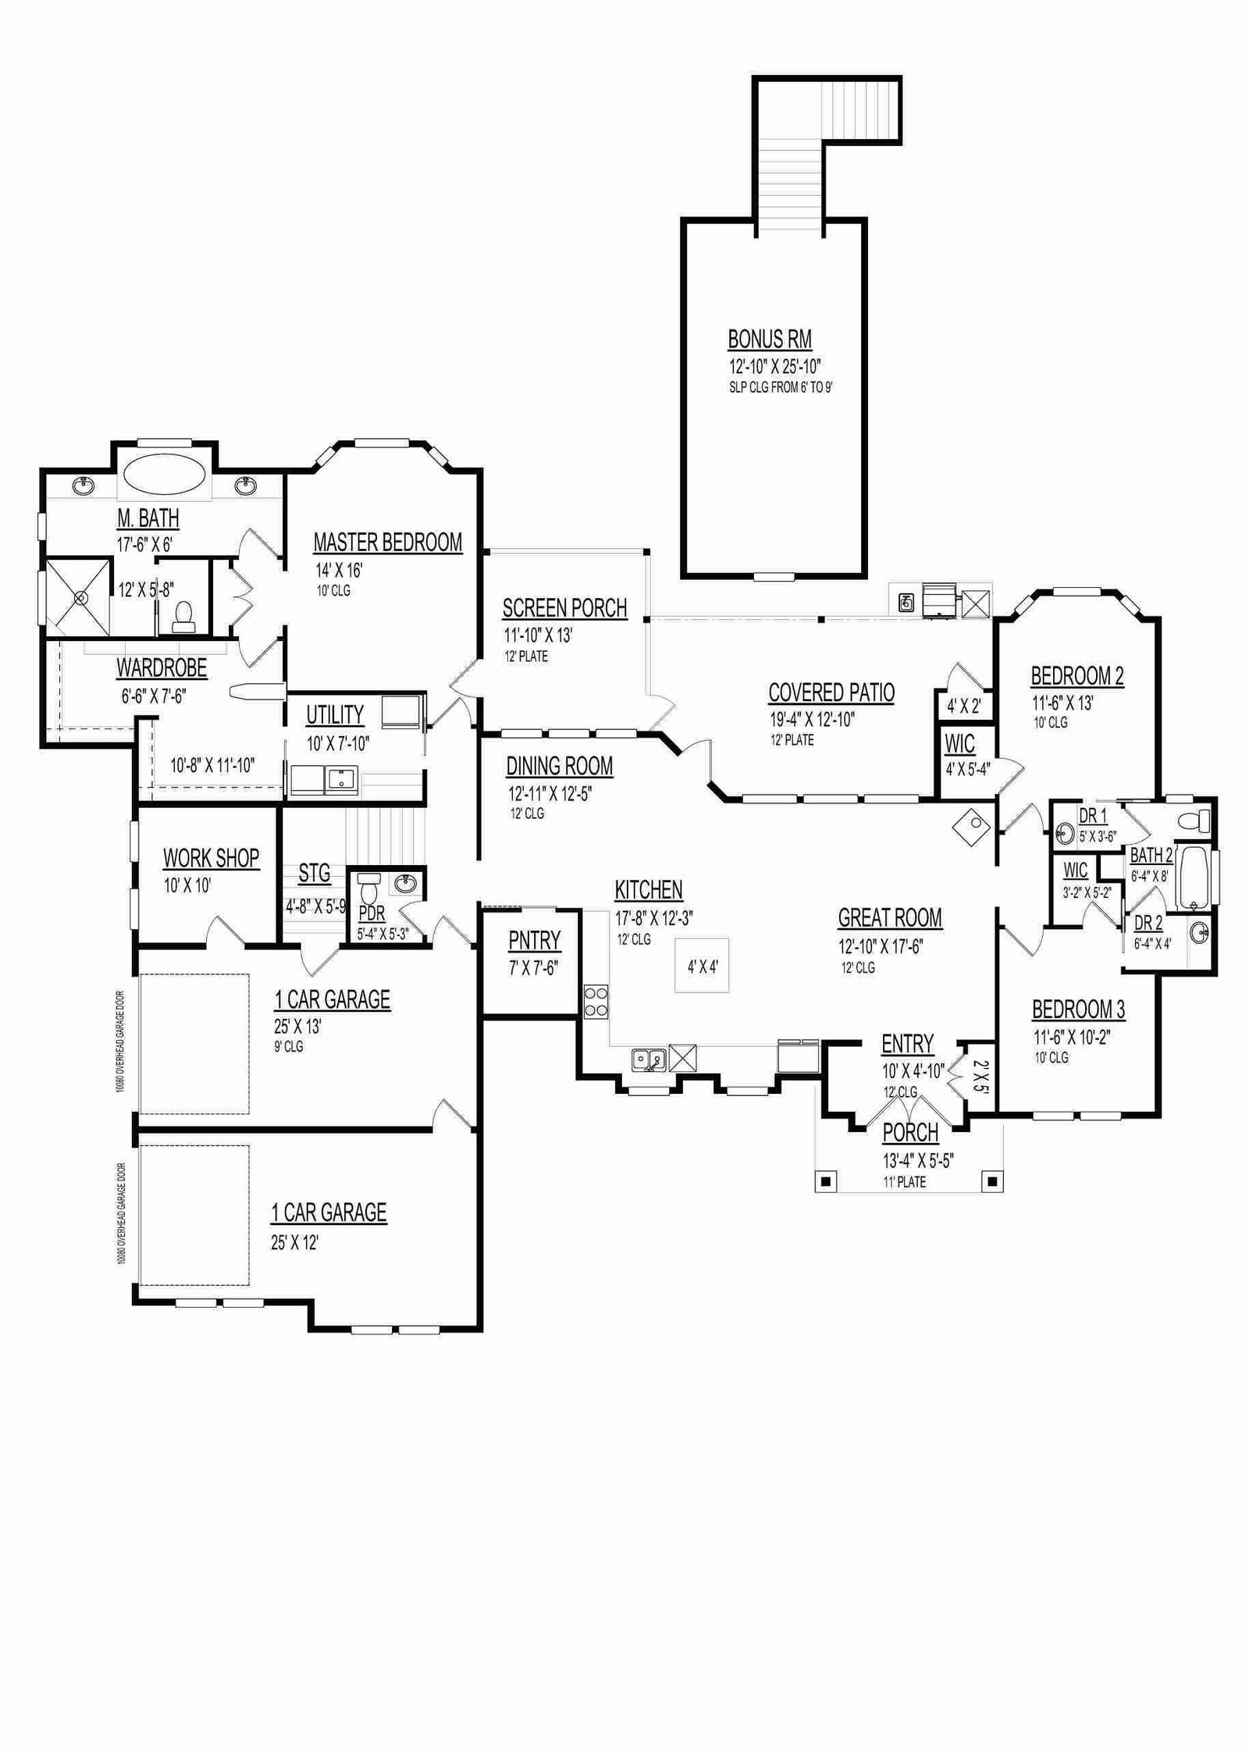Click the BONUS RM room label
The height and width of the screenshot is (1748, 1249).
click(x=770, y=340)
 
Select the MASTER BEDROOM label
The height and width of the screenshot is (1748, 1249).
click(x=388, y=543)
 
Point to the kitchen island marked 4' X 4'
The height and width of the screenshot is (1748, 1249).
click(x=703, y=966)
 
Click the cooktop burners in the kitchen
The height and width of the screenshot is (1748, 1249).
click(x=596, y=1002)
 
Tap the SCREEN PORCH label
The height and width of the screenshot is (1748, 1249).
click(x=564, y=608)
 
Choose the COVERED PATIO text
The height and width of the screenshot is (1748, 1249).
click(x=831, y=692)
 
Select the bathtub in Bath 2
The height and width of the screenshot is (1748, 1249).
click(x=1192, y=878)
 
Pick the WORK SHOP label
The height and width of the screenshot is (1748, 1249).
click(x=211, y=858)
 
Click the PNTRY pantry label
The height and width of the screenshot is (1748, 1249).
click(x=535, y=941)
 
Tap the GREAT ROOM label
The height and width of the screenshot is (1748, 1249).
click(x=890, y=918)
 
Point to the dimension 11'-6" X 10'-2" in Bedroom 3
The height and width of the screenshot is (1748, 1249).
click(x=1072, y=1038)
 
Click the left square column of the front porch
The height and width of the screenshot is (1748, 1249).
click(x=827, y=1180)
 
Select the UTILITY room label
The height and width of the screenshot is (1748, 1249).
click(x=335, y=715)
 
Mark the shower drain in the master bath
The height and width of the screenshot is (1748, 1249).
click(x=79, y=597)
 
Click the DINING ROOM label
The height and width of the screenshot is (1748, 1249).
click(x=560, y=767)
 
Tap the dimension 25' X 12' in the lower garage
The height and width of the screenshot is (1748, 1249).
click(x=295, y=1242)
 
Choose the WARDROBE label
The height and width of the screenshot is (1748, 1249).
click(x=162, y=668)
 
